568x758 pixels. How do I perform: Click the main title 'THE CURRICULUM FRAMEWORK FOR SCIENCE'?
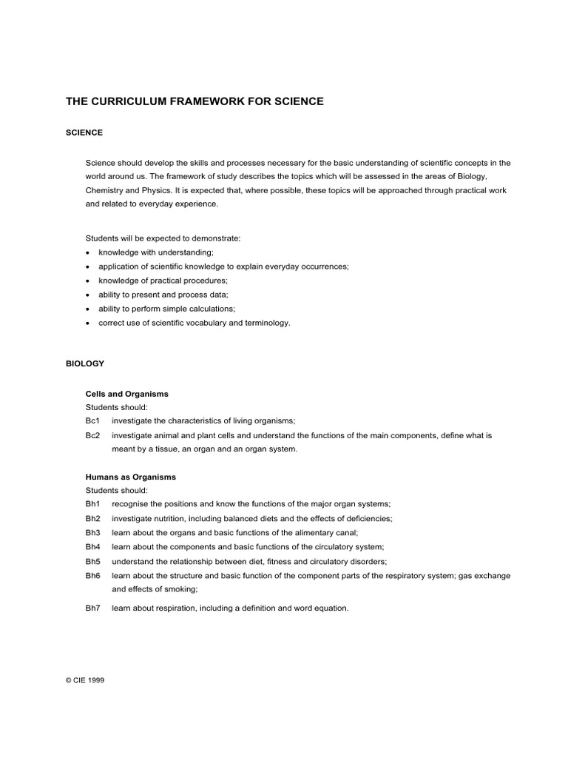(x=195, y=101)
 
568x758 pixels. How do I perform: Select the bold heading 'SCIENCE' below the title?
(x=84, y=133)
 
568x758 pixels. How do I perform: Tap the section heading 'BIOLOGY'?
(x=85, y=363)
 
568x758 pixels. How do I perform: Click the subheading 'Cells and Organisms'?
(x=127, y=395)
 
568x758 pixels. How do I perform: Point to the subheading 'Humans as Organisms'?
(x=131, y=477)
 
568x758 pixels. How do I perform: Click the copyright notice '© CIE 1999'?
(x=85, y=680)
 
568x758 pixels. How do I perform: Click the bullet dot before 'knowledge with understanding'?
(x=87, y=253)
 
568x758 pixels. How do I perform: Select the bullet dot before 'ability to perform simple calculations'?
(x=87, y=309)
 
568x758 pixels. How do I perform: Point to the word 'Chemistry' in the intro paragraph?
(x=104, y=191)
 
